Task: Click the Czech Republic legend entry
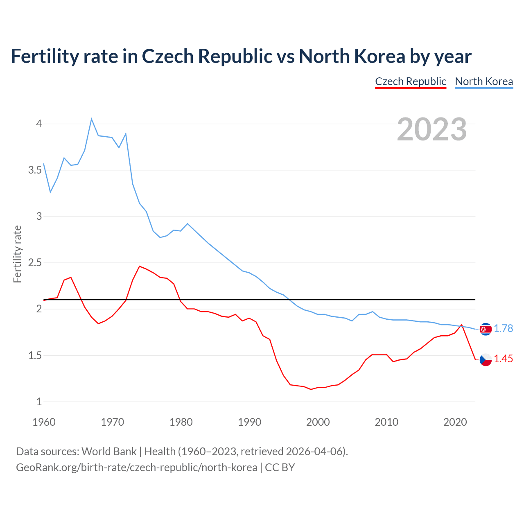pyautogui.click(x=410, y=81)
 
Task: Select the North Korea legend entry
pyautogui.click(x=484, y=81)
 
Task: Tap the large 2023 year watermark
pyautogui.click(x=432, y=129)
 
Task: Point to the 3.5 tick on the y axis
pyautogui.click(x=35, y=170)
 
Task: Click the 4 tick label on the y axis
pyautogui.click(x=39, y=124)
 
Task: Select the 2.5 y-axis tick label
pyautogui.click(x=35, y=262)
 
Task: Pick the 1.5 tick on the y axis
pyautogui.click(x=35, y=355)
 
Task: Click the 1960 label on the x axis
pyautogui.click(x=44, y=422)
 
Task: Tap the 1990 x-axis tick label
pyautogui.click(x=249, y=422)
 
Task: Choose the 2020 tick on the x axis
pyautogui.click(x=455, y=422)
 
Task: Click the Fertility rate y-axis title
pyautogui.click(x=17, y=254)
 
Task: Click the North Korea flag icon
pyautogui.click(x=486, y=329)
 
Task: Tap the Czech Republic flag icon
pyautogui.click(x=486, y=360)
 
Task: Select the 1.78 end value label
pyautogui.click(x=503, y=328)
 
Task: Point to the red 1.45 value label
pyautogui.click(x=503, y=359)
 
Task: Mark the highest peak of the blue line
pyautogui.click(x=91, y=119)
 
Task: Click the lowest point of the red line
pyautogui.click(x=311, y=389)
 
